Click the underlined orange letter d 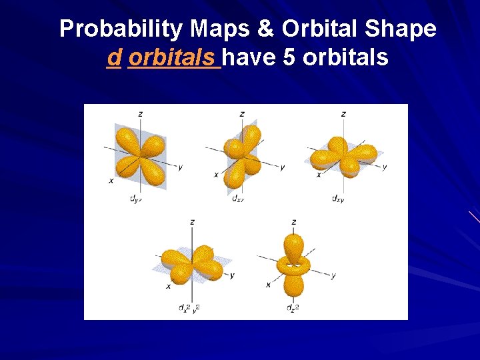pos(114,58)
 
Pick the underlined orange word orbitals pos(173,58)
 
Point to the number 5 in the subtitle pos(289,58)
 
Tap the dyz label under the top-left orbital pos(135,198)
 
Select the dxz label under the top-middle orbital pos(237,198)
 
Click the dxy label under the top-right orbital pos(339,198)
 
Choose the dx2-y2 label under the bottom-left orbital pos(189,307)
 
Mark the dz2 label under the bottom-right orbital pos(291,307)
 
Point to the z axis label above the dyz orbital pos(140,114)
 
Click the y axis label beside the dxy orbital pos(385,167)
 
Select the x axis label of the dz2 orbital pos(268,285)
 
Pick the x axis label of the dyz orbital pos(111,180)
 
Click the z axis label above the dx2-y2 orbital pos(192,222)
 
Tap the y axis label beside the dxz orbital pos(283,167)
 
